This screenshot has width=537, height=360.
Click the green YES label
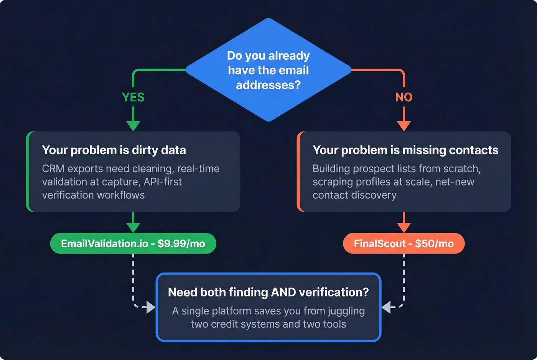[133, 97]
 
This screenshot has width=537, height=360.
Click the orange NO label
[404, 97]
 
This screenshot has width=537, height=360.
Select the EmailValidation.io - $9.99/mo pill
[133, 243]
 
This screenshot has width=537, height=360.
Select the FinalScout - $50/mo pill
[404, 243]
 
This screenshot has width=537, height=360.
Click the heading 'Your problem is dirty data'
[114, 150]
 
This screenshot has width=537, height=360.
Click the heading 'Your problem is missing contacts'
[405, 150]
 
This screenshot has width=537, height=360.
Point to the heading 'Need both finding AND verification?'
[268, 292]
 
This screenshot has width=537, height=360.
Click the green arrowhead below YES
[133, 125]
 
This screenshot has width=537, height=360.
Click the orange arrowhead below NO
[404, 125]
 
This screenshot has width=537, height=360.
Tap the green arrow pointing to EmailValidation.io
[133, 226]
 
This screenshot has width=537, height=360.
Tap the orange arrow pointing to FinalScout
[404, 226]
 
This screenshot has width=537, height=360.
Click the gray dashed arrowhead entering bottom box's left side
[150, 307]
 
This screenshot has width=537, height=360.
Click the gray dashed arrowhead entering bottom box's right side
[387, 307]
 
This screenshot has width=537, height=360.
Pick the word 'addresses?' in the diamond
[268, 85]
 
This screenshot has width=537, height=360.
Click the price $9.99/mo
[181, 243]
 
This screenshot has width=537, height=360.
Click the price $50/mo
[434, 243]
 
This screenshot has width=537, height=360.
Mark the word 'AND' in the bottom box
[283, 292]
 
